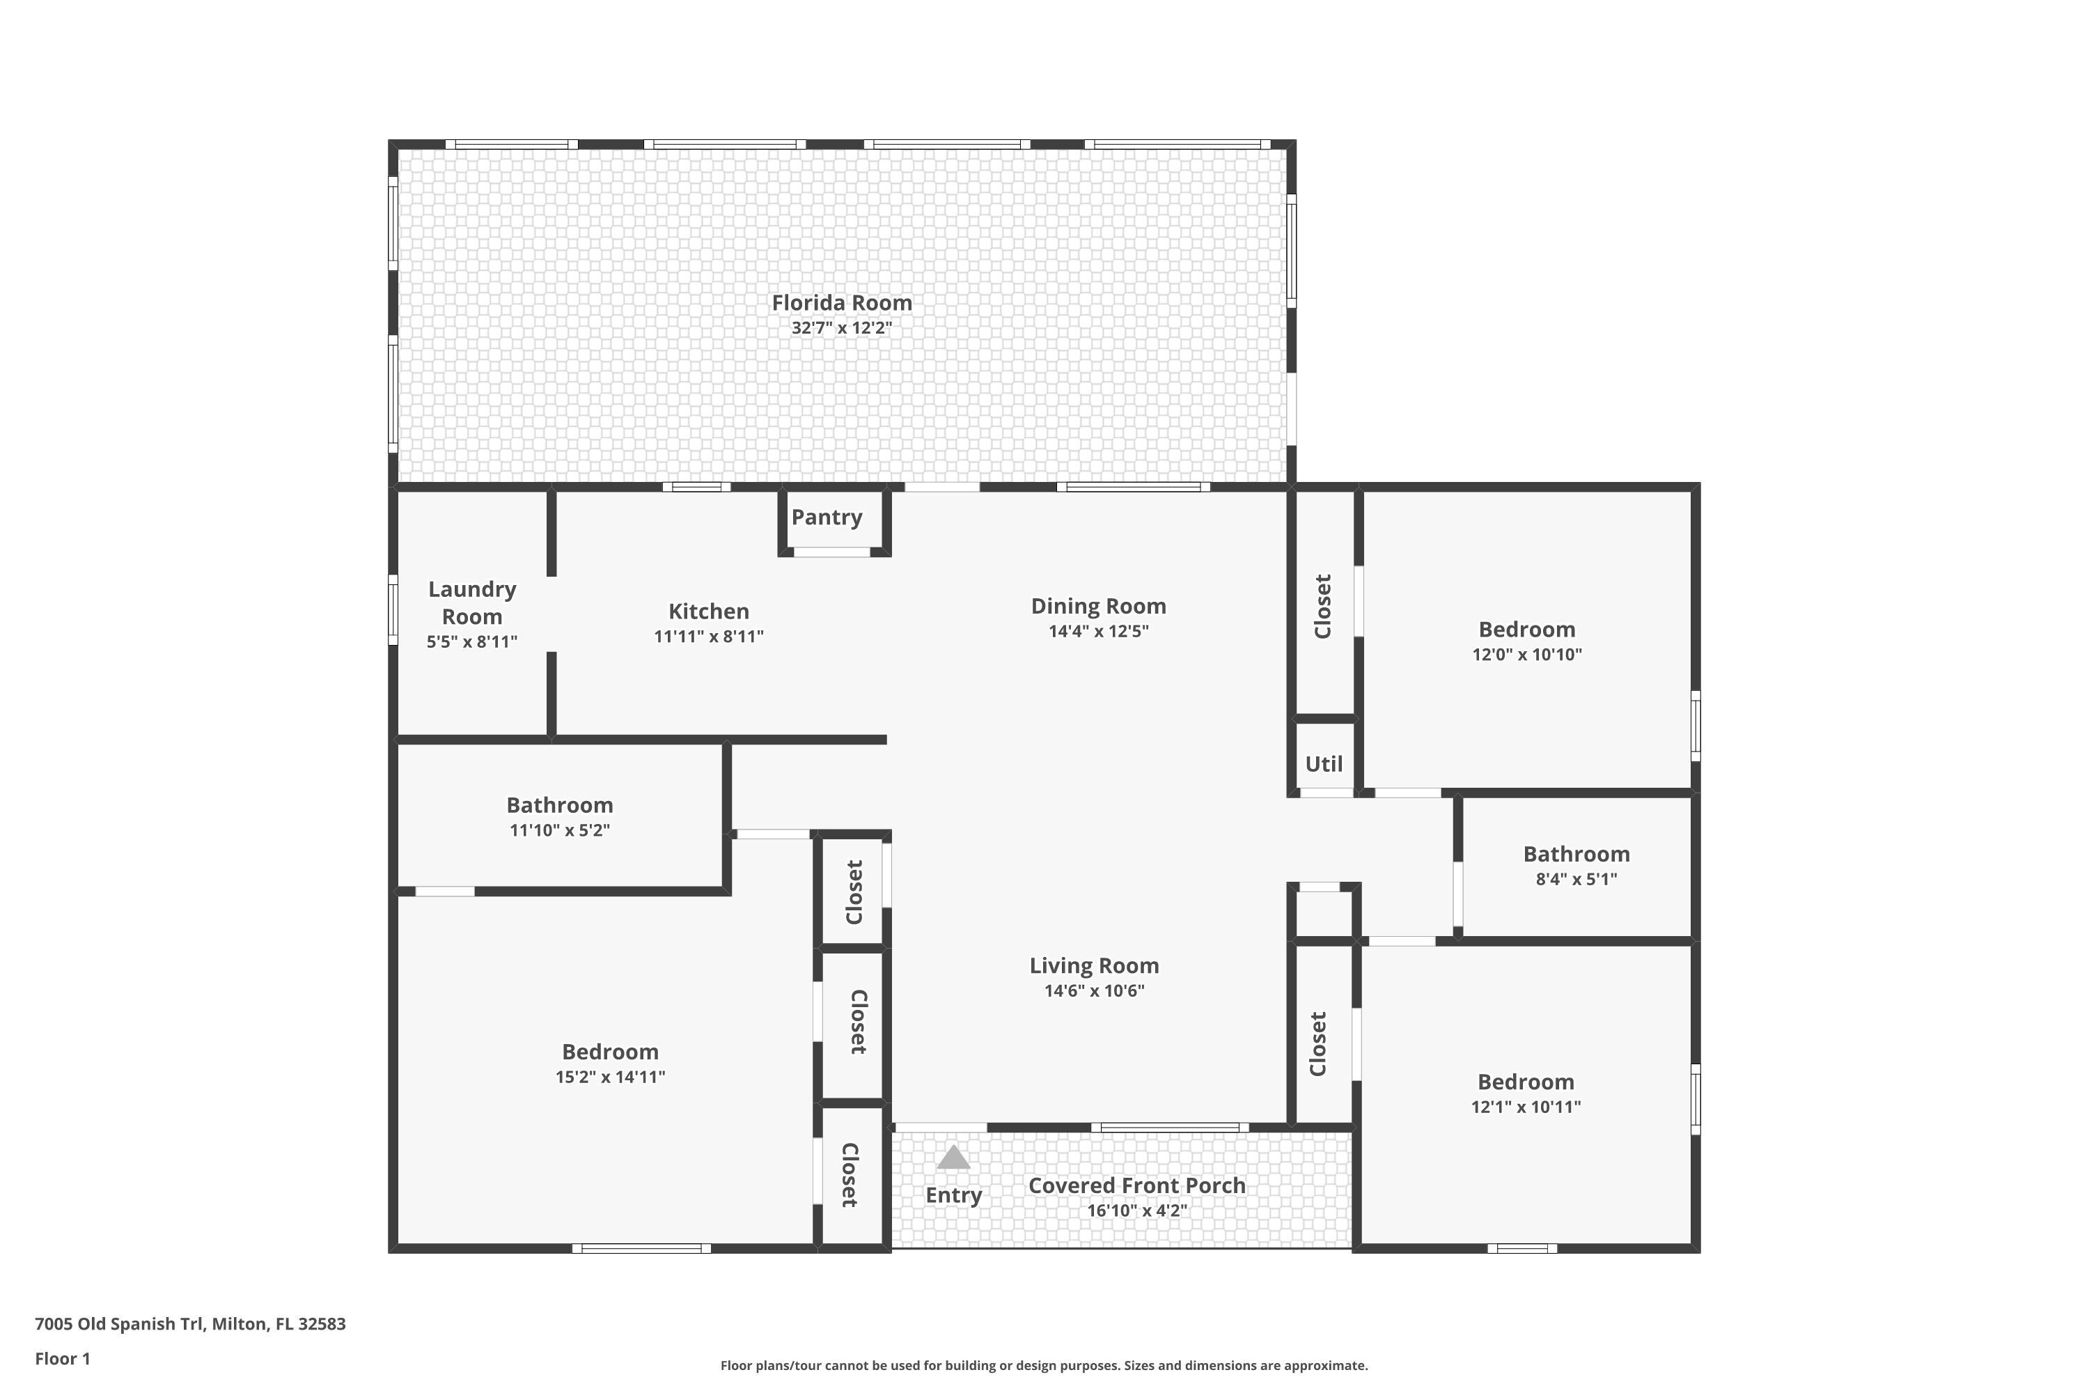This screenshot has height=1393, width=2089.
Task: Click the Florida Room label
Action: (x=841, y=303)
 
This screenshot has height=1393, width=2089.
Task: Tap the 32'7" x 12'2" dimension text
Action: (x=841, y=328)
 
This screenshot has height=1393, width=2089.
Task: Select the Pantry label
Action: (x=826, y=517)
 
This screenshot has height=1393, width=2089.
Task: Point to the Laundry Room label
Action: (x=471, y=602)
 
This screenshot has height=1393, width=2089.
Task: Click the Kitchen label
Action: (x=708, y=612)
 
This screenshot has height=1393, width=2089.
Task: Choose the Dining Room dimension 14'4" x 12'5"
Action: (x=1098, y=632)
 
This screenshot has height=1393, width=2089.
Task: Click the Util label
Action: (x=1324, y=764)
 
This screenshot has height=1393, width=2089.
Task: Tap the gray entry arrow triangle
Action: (x=953, y=1157)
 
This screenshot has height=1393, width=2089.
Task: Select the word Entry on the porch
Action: (x=953, y=1195)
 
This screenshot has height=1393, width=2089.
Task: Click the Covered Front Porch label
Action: (x=1136, y=1185)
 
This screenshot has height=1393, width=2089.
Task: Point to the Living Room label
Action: (x=1093, y=965)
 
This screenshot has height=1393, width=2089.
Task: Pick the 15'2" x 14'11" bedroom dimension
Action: (x=609, y=1077)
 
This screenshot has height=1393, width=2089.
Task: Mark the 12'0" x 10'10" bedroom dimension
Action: (x=1526, y=655)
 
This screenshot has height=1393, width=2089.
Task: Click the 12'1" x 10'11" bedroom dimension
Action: (x=1525, y=1107)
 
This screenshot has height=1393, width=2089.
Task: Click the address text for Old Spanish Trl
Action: (x=190, y=1324)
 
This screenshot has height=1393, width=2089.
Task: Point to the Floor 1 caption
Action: (x=62, y=1358)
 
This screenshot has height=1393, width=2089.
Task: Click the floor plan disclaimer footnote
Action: (x=1044, y=1365)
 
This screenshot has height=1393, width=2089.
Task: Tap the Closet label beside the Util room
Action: (x=1322, y=606)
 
